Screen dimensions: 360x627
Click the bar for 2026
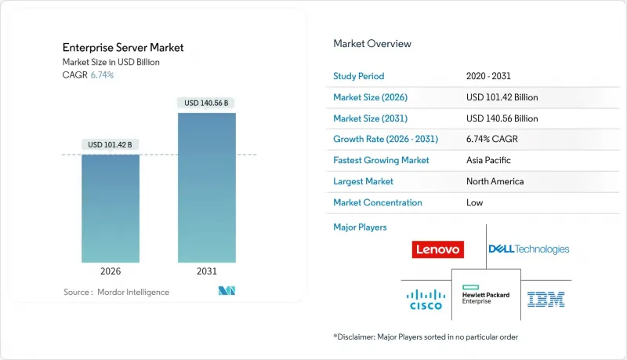(x=111, y=208)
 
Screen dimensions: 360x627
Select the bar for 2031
(x=206, y=187)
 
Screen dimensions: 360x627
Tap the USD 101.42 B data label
(x=111, y=144)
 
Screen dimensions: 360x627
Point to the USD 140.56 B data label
(x=206, y=103)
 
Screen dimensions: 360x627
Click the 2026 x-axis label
(x=111, y=272)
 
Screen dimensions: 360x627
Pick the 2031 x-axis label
(x=206, y=272)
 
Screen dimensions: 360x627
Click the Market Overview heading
(x=372, y=43)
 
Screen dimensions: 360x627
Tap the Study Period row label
(x=359, y=76)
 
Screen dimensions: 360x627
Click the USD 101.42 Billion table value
(x=502, y=97)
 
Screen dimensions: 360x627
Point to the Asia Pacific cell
(x=487, y=160)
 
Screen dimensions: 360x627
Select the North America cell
(x=494, y=181)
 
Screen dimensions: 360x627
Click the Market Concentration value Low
(x=473, y=202)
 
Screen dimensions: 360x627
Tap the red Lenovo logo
(x=437, y=249)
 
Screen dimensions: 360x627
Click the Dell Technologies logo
(x=529, y=249)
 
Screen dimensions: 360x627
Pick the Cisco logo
(x=425, y=298)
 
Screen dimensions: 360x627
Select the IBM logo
(x=546, y=298)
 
